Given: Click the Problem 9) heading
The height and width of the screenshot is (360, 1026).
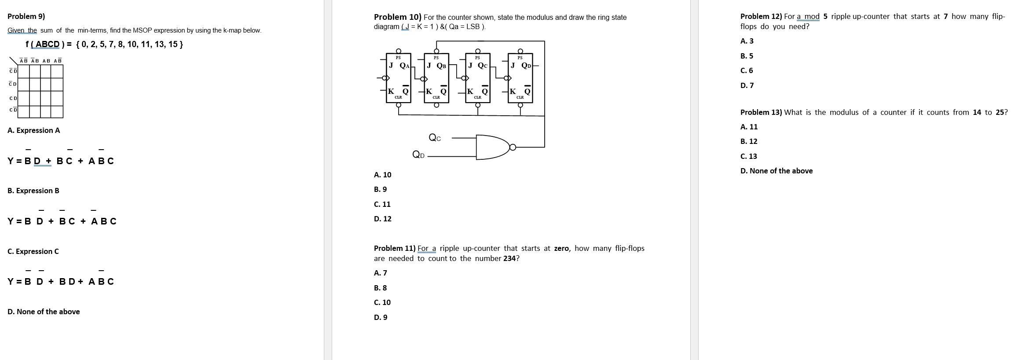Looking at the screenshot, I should coord(26,16).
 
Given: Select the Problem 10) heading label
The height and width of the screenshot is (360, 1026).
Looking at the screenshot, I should coord(397,17).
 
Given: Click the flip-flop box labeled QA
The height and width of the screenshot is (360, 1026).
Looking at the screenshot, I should coord(398,78).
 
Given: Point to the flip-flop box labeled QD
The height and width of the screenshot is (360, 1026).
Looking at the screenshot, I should coord(520,78).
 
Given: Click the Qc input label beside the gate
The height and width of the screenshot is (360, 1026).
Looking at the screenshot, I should coord(435,138).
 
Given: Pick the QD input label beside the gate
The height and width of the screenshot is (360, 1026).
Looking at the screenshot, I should coord(418,154).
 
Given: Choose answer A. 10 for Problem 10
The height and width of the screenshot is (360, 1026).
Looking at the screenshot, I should coord(382,175).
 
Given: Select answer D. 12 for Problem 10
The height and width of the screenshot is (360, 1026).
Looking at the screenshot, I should coord(382,219).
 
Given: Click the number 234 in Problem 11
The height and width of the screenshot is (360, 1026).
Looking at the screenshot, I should coord(509,258).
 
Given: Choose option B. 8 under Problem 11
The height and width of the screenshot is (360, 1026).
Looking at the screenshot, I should coord(380,288).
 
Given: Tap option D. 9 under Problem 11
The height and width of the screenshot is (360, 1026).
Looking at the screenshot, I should coord(380,317).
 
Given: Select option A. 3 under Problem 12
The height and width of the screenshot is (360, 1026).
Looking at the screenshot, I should coord(747,41).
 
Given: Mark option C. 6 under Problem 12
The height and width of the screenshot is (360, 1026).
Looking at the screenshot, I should coord(747,70).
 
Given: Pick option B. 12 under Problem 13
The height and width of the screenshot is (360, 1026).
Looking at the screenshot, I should coord(749,141).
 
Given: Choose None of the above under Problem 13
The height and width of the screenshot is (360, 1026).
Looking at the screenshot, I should coord(776,171).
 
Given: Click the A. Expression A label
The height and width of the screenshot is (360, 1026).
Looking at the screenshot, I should coord(33,130).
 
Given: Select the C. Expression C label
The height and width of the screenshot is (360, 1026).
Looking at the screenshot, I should coord(33,251).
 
